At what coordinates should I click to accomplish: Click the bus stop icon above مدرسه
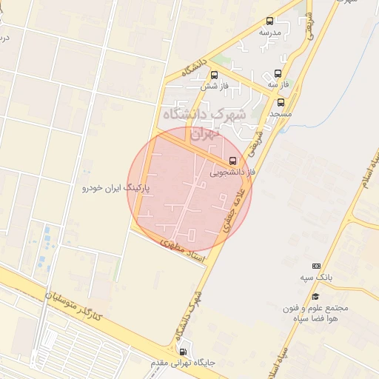click(x=269, y=21)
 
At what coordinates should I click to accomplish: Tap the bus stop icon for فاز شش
click(x=214, y=75)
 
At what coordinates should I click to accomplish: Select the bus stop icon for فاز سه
click(x=278, y=73)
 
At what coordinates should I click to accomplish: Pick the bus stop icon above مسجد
click(x=280, y=103)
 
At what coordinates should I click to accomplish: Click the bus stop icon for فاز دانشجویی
click(x=233, y=161)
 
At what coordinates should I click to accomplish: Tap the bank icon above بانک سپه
click(x=317, y=266)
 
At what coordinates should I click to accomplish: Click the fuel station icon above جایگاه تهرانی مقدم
click(x=183, y=351)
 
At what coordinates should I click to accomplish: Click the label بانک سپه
click(x=317, y=278)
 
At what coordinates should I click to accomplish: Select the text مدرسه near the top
click(x=269, y=33)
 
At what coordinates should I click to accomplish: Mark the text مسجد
click(x=279, y=115)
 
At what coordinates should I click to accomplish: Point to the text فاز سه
click(x=278, y=84)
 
